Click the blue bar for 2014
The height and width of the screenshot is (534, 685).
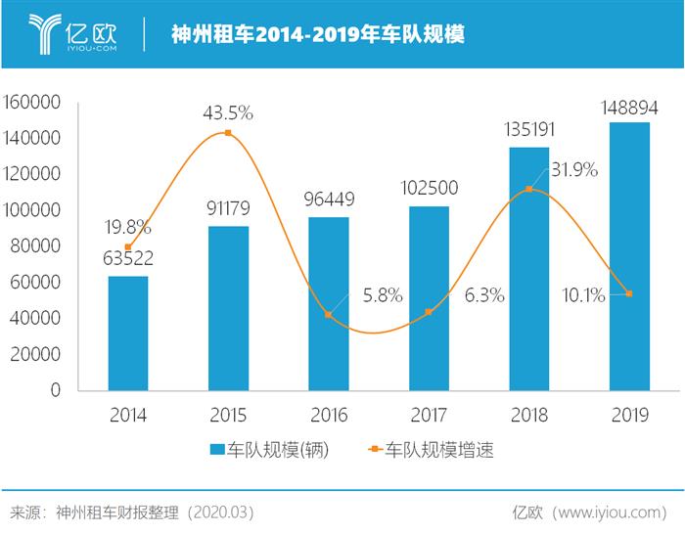[128, 333]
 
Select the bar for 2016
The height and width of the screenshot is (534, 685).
[329, 303]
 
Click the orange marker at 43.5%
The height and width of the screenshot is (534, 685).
[228, 133]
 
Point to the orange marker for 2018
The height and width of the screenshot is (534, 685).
[529, 189]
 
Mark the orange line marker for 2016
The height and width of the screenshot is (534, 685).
[329, 314]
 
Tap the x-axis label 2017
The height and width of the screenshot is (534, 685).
[429, 416]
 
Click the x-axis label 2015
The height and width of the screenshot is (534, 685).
[228, 416]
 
